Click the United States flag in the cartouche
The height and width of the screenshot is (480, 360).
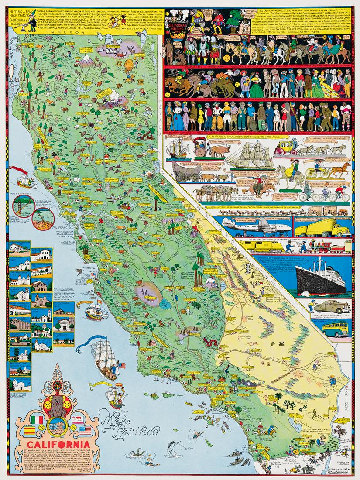(x=85, y=431)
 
